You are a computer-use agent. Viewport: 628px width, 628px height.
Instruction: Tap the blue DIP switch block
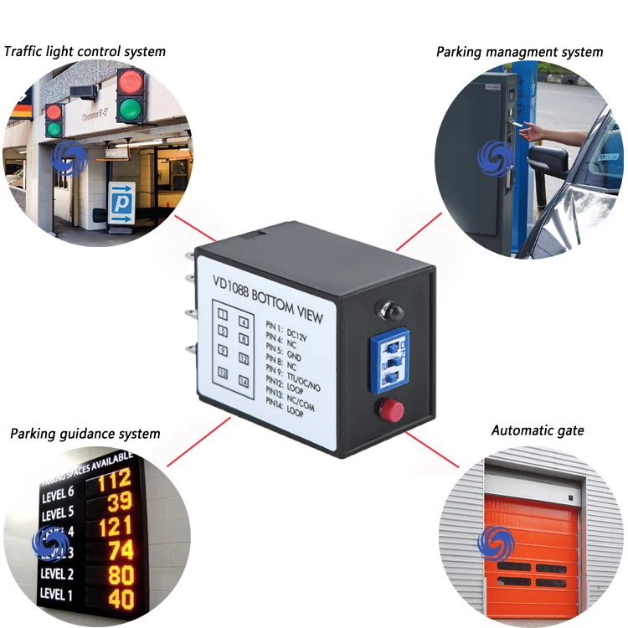(389, 361)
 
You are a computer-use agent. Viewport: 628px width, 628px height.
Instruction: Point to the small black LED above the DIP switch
(388, 312)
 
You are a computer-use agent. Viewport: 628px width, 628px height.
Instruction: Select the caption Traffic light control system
(85, 51)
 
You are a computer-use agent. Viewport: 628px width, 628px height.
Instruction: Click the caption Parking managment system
(519, 52)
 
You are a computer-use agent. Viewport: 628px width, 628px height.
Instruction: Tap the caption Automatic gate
(538, 430)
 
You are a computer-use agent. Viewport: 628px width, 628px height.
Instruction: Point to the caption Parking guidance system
(85, 434)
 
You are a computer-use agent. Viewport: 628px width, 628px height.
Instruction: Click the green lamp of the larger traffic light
(130, 109)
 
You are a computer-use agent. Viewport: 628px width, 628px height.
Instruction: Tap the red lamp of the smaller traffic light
(54, 111)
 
